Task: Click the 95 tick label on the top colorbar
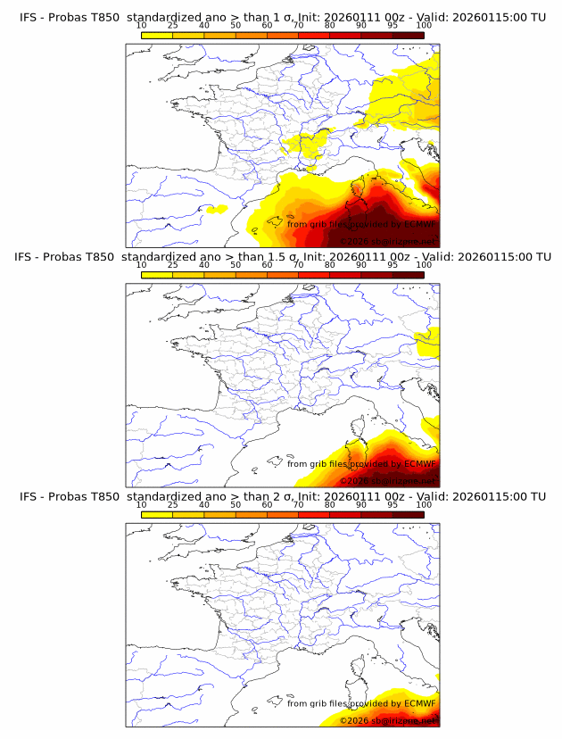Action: [393, 25]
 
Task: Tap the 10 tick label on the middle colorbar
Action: [141, 265]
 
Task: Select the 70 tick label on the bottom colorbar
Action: [298, 505]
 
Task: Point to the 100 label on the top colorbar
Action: [424, 25]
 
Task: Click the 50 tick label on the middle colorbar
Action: [236, 265]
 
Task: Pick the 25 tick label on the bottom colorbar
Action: [172, 505]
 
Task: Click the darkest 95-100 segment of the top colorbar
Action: [409, 35]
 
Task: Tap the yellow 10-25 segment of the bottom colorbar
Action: [157, 515]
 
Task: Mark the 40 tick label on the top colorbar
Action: [204, 25]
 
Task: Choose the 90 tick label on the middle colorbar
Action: [361, 265]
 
